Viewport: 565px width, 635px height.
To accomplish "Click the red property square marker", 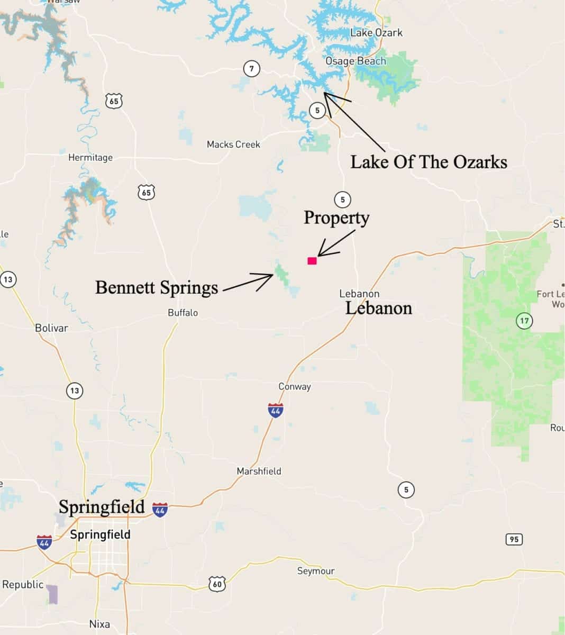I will [x=312, y=260].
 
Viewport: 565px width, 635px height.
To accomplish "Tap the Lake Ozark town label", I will [x=376, y=33].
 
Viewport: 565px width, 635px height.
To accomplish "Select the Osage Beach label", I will [x=356, y=61].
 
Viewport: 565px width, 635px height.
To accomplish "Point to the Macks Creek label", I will [x=233, y=144].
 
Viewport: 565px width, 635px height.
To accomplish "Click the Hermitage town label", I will [x=90, y=157].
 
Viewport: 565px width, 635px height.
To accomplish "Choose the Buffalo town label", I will [x=183, y=313].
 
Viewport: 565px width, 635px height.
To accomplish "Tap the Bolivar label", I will [x=51, y=328].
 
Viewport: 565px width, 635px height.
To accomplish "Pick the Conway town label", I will [x=295, y=386].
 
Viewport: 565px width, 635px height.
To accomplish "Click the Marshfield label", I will [x=259, y=471].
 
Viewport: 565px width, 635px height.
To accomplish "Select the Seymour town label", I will [x=316, y=571].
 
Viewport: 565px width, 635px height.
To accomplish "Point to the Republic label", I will [x=23, y=584].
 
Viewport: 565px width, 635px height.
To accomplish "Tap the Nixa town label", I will [x=99, y=624].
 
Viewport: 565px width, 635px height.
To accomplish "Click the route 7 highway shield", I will [x=252, y=68].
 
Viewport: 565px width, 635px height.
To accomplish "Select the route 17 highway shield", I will [x=524, y=321].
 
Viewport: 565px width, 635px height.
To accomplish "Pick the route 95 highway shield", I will [x=513, y=539].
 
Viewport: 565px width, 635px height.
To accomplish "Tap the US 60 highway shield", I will [x=217, y=584].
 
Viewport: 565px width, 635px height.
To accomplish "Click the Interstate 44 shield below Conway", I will [x=275, y=410].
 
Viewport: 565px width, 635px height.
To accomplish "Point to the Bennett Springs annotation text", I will [x=157, y=287].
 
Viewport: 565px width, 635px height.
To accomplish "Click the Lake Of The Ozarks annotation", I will [x=429, y=162].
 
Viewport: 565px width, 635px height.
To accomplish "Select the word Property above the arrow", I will [x=336, y=217].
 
